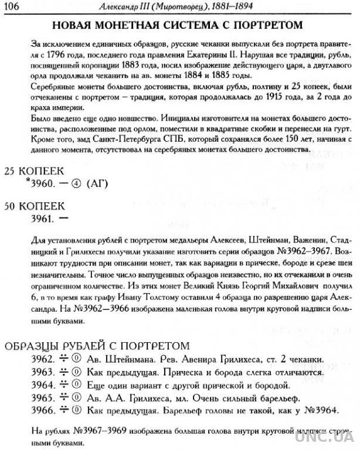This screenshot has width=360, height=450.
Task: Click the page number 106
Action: [x=12, y=6]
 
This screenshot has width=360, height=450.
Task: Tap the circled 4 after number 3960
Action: [x=76, y=184]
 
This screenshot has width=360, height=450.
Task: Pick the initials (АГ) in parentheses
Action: [x=97, y=184]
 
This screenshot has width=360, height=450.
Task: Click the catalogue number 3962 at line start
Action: [x=42, y=359]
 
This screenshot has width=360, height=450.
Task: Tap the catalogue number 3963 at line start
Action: [x=42, y=372]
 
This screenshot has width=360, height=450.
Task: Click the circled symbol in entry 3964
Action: [x=76, y=385]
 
